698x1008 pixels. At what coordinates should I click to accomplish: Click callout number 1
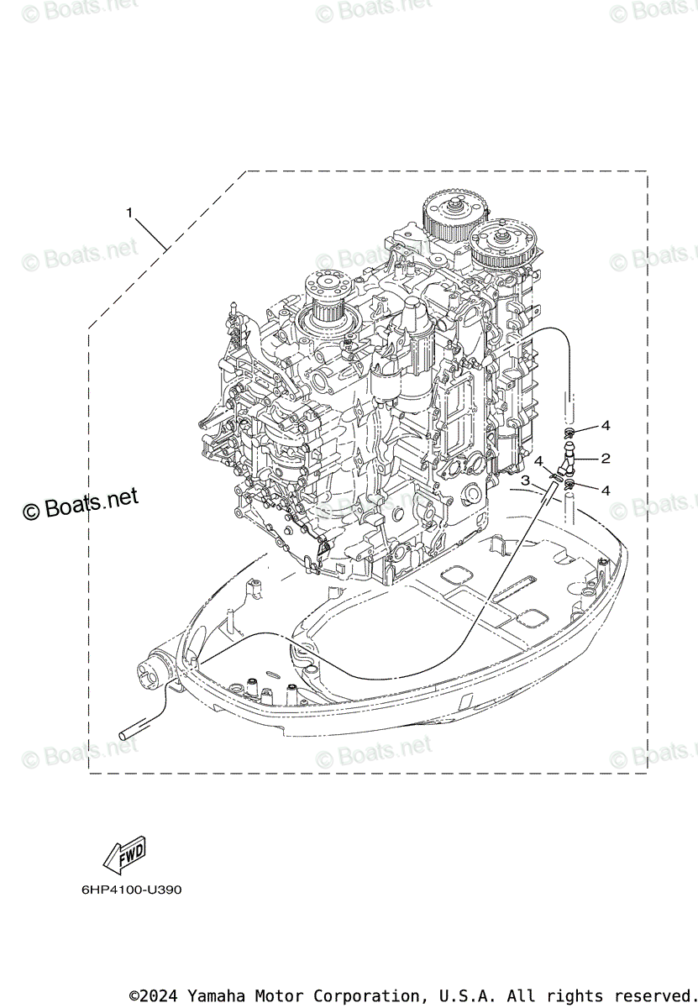129,213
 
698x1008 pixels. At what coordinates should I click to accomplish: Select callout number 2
605,459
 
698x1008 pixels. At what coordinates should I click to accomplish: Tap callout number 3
525,480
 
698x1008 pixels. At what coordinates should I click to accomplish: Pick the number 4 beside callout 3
538,461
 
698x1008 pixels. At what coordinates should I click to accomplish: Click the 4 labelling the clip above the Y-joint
606,426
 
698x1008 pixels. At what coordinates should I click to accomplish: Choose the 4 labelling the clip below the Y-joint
606,491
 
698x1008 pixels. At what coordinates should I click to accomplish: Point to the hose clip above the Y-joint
570,433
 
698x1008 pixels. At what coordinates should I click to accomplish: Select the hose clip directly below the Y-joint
570,485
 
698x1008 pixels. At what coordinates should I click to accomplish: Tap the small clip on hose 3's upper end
555,475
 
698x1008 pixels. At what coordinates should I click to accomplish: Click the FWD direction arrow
123,854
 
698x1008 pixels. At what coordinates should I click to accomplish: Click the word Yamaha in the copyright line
212,995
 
